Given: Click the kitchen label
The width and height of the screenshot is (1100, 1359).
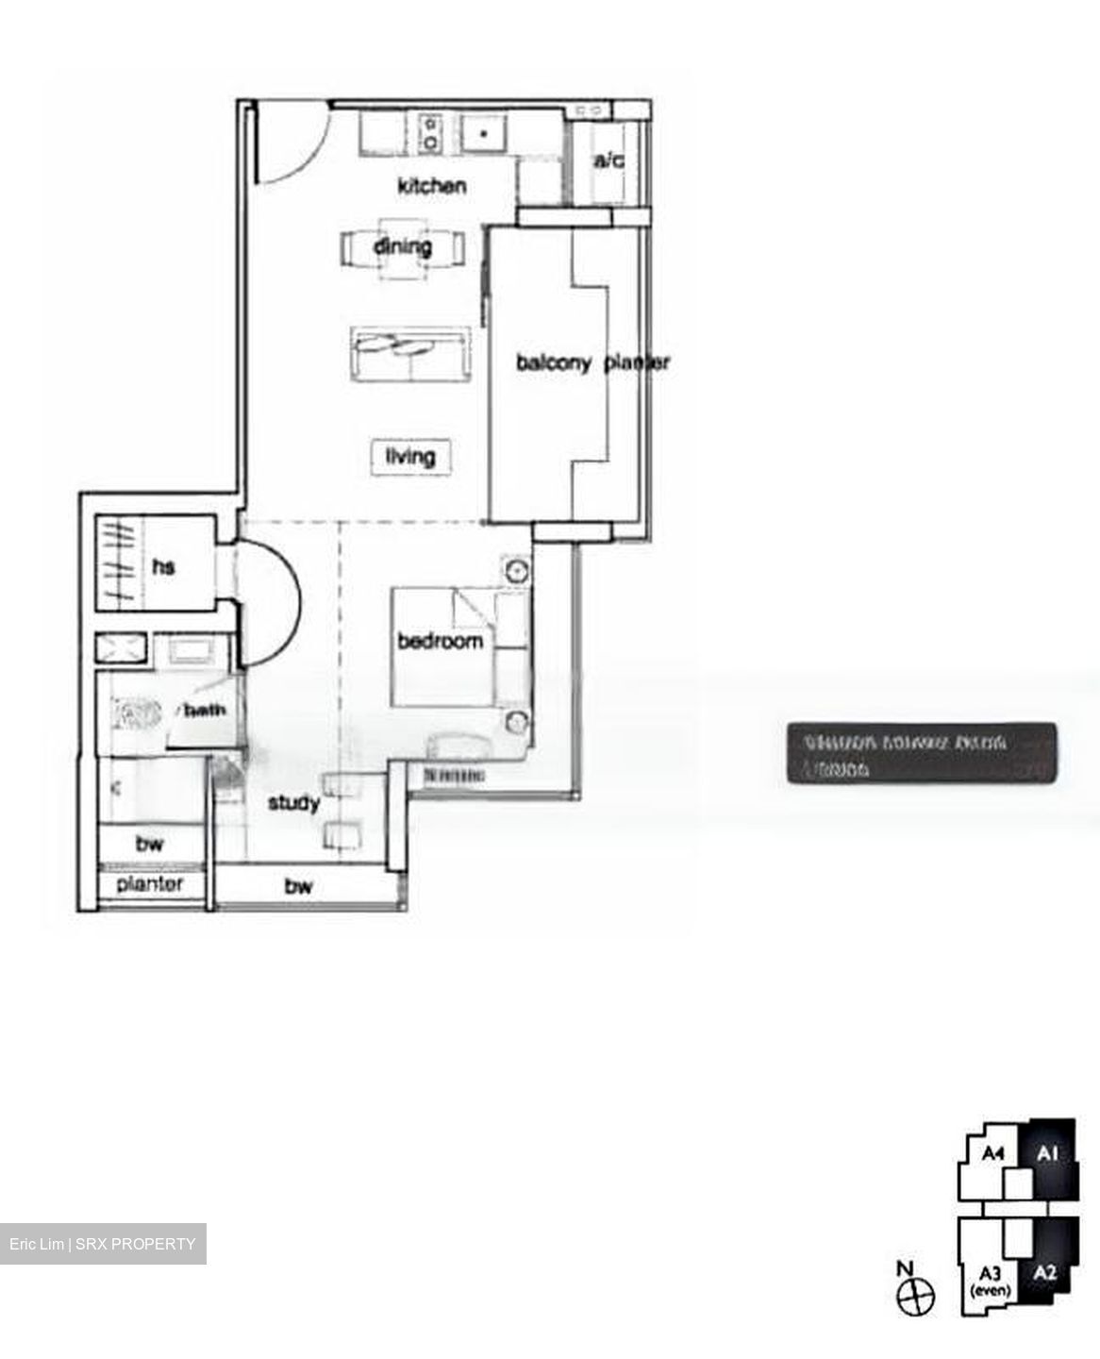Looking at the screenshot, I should click(x=431, y=186).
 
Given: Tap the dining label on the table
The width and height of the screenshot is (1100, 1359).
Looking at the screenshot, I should click(x=403, y=247).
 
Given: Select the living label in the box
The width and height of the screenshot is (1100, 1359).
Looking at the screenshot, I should click(x=410, y=458).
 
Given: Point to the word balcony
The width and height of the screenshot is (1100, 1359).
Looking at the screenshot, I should click(x=553, y=362).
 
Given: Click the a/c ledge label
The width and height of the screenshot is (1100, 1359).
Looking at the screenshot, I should click(x=608, y=160).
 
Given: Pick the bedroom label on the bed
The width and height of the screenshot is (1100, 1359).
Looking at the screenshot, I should click(x=440, y=642).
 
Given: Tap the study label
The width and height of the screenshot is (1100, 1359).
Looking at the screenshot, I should click(x=293, y=803).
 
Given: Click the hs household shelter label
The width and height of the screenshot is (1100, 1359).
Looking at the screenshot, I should click(x=164, y=567).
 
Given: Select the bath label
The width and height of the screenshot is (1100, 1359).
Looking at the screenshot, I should click(x=204, y=710).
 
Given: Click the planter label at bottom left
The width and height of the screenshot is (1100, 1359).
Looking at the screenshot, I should click(x=150, y=884).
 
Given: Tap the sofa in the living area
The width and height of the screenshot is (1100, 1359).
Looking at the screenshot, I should click(x=410, y=354).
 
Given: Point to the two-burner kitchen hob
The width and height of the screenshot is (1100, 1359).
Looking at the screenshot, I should click(x=430, y=133).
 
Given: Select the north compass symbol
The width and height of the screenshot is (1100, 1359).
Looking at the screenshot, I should click(x=915, y=1299).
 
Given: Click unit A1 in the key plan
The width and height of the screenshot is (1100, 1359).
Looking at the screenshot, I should click(x=1048, y=1153).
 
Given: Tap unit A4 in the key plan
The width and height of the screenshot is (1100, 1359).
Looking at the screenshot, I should click(x=992, y=1152).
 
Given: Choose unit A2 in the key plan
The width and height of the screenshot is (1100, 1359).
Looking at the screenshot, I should click(x=1045, y=1272).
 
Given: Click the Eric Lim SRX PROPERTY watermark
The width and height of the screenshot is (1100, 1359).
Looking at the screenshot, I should click(x=103, y=1244).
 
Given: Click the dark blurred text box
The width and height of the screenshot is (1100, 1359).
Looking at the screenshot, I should click(x=921, y=753).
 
